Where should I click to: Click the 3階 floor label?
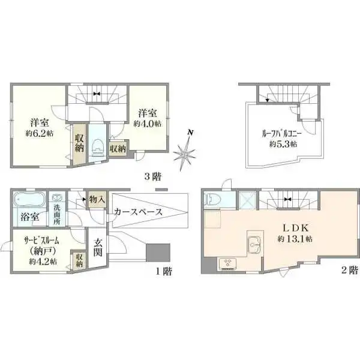coord(152,177)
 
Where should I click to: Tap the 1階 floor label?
coord(164,271)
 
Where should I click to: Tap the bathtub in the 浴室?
coord(29,198)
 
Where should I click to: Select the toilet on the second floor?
coord(214,200)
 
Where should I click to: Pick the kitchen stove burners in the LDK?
coord(229,262)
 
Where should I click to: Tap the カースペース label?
coord(136,212)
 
